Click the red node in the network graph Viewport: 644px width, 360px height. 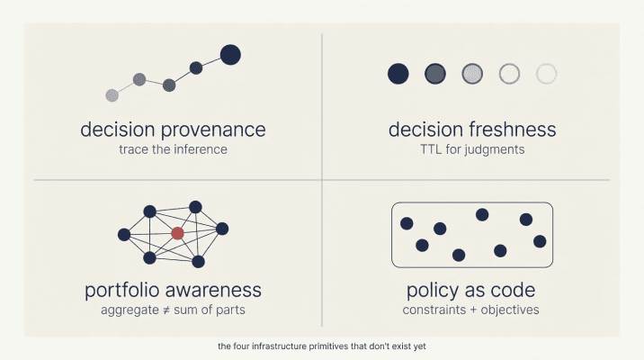[x=177, y=233]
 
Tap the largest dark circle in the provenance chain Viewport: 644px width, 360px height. [x=230, y=55]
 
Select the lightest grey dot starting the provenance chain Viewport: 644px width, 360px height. [x=112, y=94]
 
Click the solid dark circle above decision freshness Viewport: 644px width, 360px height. [x=398, y=74]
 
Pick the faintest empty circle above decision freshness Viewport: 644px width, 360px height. [x=546, y=74]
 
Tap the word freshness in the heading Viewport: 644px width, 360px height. [x=511, y=130]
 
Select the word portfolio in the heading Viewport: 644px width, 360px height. [x=123, y=291]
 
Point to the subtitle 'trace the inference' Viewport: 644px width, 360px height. [x=173, y=149]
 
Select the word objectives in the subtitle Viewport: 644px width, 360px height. [x=509, y=310]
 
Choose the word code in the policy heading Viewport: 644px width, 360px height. [x=514, y=291]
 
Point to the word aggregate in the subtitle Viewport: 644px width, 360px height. [x=130, y=310]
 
